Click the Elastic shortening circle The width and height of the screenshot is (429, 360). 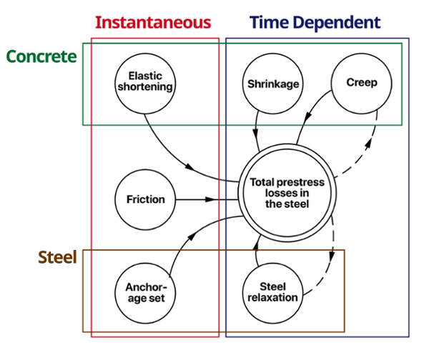(146, 84)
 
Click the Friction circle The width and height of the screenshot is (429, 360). (146, 199)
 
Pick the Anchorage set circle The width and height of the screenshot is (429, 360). (146, 292)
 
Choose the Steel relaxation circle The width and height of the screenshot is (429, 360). (272, 292)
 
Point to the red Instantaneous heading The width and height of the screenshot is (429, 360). (152, 21)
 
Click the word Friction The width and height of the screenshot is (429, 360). (146, 199)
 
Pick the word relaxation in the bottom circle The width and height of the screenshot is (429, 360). (272, 298)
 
